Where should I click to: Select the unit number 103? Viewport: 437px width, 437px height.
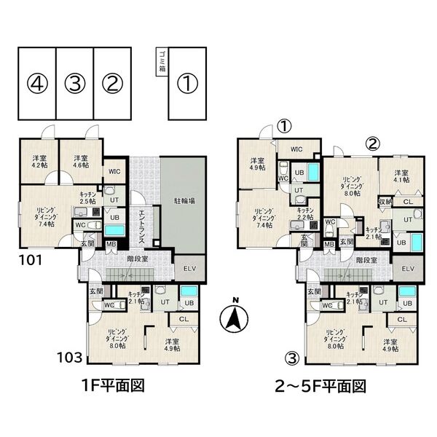(x=72, y=358)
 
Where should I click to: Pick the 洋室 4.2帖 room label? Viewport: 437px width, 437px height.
(x=39, y=162)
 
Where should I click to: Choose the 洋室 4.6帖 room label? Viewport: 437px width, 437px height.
(x=81, y=162)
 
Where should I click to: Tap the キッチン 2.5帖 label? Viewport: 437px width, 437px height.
(x=88, y=197)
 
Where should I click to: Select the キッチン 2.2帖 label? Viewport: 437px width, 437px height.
(x=306, y=213)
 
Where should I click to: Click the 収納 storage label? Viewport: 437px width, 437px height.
(x=385, y=201)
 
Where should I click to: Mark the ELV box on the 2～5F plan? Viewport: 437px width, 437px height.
(x=409, y=269)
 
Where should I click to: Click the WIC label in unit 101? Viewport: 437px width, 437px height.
(x=115, y=172)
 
